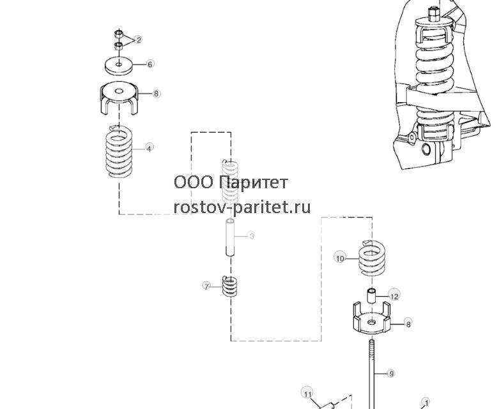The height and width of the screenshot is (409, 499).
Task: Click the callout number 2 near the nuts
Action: click(x=138, y=40)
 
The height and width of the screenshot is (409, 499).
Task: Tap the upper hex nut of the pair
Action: click(x=119, y=33)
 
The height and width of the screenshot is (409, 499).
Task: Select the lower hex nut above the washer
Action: click(x=119, y=45)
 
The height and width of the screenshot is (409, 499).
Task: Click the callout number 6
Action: click(x=150, y=64)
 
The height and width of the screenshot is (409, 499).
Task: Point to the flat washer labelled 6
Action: click(x=119, y=66)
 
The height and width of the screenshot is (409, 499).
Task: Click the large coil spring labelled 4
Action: click(x=119, y=152)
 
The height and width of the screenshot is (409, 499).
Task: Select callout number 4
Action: click(x=150, y=148)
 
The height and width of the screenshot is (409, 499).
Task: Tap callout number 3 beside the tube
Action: click(x=252, y=236)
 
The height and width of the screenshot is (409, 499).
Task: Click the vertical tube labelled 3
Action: click(x=231, y=237)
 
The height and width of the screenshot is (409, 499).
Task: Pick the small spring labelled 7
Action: click(x=230, y=286)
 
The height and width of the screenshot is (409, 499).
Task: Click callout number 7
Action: click(x=206, y=286)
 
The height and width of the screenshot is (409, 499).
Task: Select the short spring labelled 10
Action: click(x=372, y=258)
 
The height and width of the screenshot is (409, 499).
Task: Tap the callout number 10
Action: click(x=340, y=258)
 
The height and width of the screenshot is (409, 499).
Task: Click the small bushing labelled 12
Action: click(x=372, y=295)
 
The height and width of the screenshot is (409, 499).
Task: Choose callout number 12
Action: click(x=394, y=296)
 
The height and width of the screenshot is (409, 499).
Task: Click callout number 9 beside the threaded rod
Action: click(x=392, y=373)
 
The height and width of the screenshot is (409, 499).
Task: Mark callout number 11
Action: click(x=307, y=394)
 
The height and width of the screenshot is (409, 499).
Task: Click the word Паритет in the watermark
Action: click(x=254, y=182)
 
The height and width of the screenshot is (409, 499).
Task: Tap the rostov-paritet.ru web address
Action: click(x=242, y=207)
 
